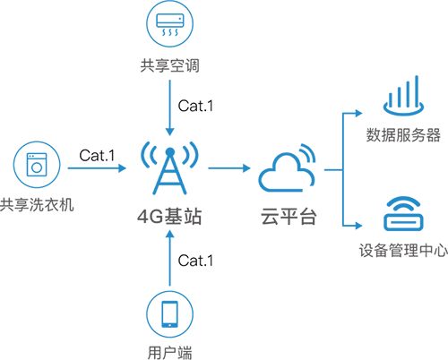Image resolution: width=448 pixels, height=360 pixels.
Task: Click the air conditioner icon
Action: click(x=169, y=23)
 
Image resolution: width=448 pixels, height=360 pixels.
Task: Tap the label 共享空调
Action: click(x=169, y=65)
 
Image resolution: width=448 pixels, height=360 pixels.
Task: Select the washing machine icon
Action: click(x=37, y=165)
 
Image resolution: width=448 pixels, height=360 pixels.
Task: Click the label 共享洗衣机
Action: click(x=37, y=205)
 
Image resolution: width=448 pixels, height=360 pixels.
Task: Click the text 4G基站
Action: click(x=169, y=216)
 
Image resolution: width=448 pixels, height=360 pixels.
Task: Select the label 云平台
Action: click(x=289, y=216)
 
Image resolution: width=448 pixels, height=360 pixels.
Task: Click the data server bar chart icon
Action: click(x=403, y=96)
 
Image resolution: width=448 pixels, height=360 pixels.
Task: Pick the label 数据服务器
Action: click(x=403, y=135)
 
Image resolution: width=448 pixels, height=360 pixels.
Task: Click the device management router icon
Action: click(x=403, y=213)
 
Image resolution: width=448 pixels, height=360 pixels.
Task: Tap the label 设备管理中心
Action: click(x=403, y=250)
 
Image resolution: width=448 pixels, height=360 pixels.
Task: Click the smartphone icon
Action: click(x=169, y=314)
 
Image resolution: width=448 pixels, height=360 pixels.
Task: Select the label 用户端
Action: click(x=169, y=353)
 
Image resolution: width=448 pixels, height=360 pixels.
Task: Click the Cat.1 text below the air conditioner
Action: click(x=195, y=106)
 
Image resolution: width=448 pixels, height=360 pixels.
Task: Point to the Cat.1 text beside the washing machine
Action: click(x=97, y=156)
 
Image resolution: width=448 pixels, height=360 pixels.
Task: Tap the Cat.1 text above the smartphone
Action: click(x=195, y=261)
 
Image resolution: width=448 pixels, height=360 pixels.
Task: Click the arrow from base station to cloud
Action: click(x=229, y=168)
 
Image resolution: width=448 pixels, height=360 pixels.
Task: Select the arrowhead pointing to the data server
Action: click(x=358, y=113)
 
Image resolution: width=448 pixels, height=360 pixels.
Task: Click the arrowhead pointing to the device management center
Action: click(x=358, y=226)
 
